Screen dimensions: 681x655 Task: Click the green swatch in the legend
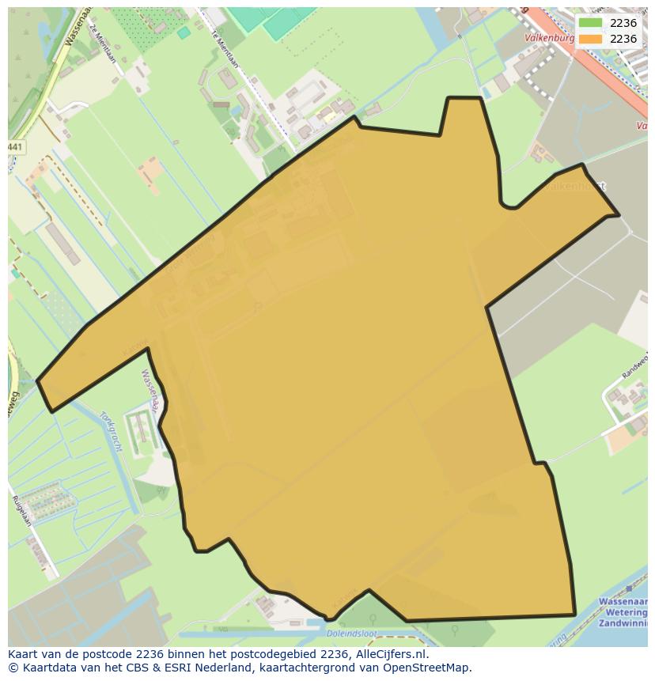[590, 23]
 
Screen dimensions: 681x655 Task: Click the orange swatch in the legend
[590, 39]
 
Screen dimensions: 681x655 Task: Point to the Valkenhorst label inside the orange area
[577, 187]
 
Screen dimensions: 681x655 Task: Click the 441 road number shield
[16, 148]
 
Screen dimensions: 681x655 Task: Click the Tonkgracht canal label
[112, 430]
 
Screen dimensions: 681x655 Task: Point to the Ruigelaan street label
[21, 511]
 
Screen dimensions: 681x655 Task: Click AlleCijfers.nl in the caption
[389, 654]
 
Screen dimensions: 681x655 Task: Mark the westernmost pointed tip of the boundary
[38, 381]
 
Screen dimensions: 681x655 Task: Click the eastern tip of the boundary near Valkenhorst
[618, 214]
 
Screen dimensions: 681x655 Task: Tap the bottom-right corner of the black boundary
[574, 614]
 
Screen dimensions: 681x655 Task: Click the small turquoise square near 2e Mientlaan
[184, 32]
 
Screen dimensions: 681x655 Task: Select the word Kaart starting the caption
[25, 654]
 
